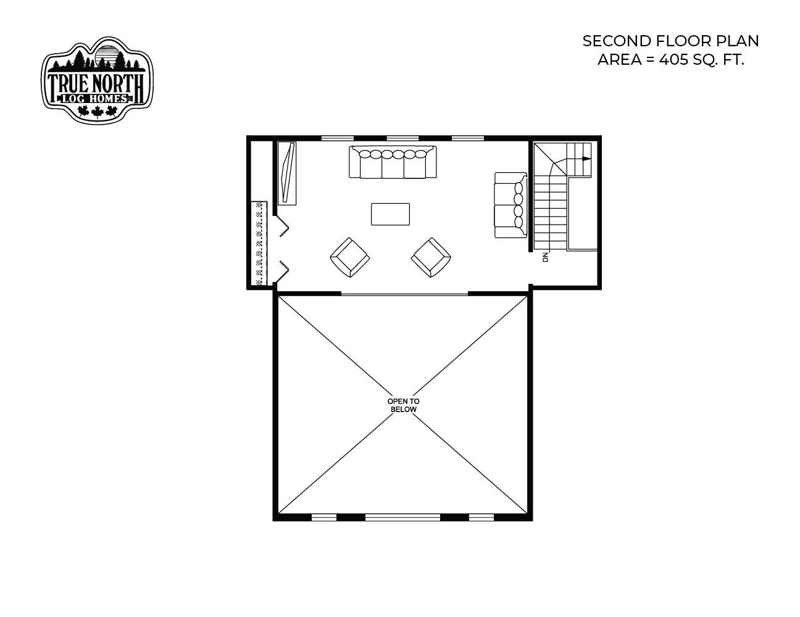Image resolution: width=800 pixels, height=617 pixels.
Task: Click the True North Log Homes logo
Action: (97, 80)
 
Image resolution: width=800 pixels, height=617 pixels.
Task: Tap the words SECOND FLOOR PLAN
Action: (670, 41)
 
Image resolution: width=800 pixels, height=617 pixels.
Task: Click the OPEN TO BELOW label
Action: (404, 405)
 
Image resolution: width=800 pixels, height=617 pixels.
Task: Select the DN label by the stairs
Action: (546, 257)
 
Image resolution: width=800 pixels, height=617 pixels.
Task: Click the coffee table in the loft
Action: (390, 214)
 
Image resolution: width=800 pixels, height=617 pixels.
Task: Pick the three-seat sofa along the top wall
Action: (393, 162)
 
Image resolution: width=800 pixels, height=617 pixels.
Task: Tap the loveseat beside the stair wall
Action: (510, 205)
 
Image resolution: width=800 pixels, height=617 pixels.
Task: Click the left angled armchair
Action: (350, 257)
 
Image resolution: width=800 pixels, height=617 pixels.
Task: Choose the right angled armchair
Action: (431, 257)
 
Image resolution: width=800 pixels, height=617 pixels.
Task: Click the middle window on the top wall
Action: (402, 138)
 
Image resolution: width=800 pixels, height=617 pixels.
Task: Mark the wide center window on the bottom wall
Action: (402, 517)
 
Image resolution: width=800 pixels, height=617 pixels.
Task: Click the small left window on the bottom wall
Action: (324, 517)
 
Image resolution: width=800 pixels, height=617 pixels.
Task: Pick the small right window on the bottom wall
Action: (481, 517)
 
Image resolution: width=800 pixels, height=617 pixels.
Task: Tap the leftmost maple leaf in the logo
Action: (83, 111)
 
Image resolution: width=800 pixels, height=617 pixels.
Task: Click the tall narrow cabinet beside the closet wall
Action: (287, 173)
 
